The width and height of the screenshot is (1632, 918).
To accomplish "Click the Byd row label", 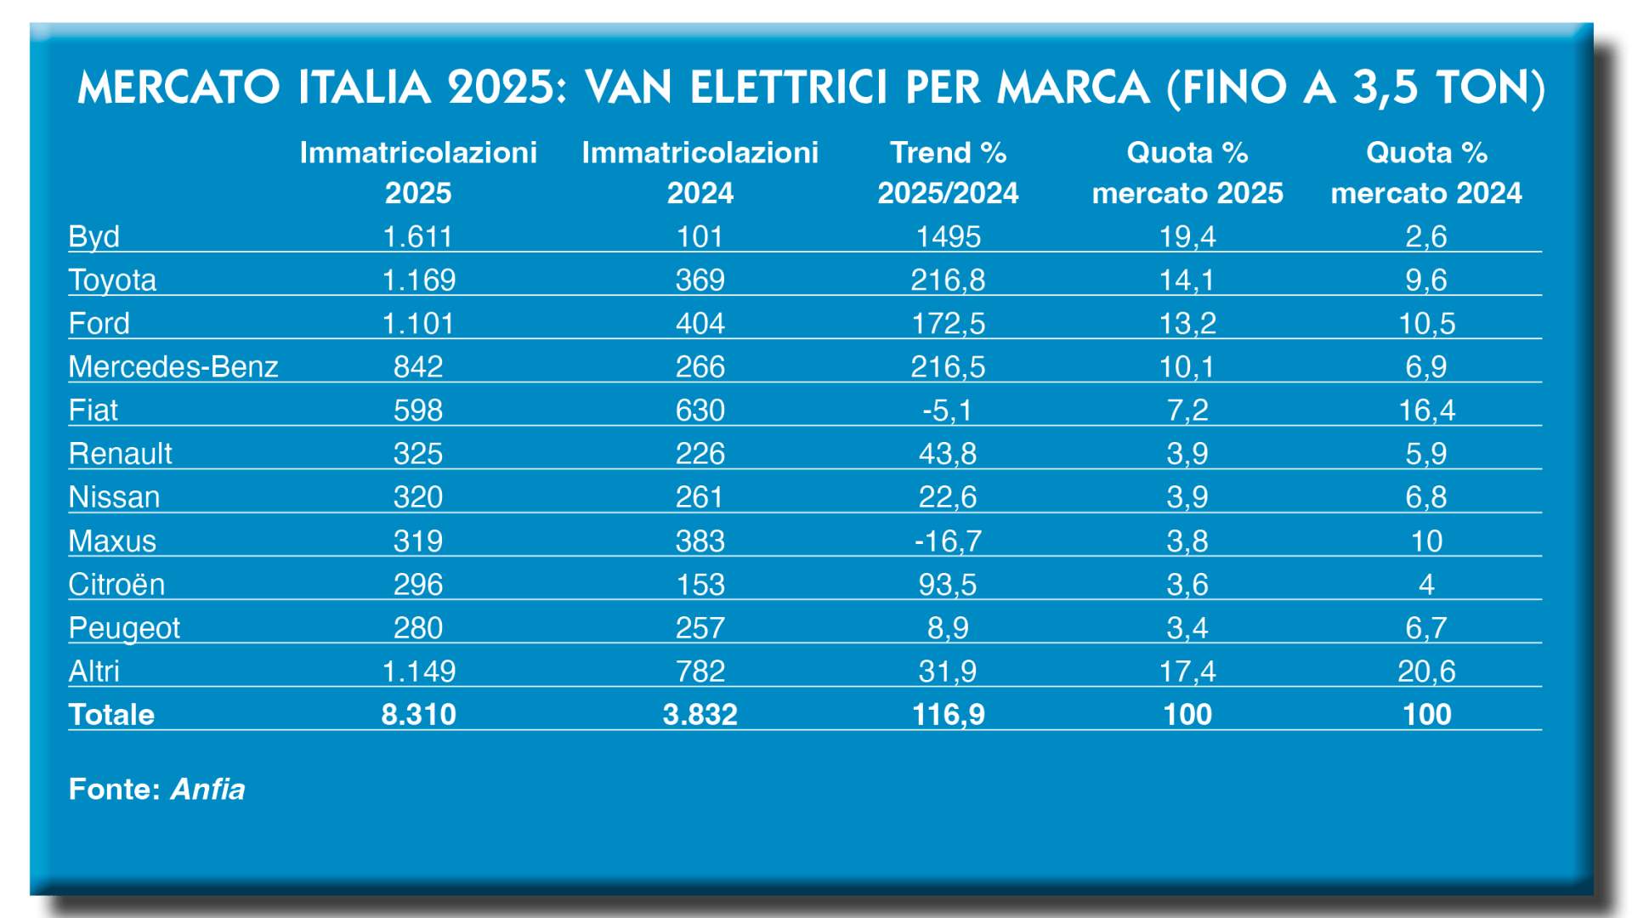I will [x=93, y=236].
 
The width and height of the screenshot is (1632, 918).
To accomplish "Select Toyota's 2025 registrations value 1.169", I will [x=418, y=280].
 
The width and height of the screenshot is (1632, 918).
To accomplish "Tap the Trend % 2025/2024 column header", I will [x=948, y=173].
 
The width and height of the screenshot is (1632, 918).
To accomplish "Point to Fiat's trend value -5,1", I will [x=948, y=411].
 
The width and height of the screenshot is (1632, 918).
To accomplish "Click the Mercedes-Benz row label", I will [x=173, y=366].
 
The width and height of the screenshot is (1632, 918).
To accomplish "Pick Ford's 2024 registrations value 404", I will [x=700, y=323].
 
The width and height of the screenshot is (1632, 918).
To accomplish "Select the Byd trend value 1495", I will [x=948, y=236].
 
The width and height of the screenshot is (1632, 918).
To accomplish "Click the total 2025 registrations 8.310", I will [x=418, y=714].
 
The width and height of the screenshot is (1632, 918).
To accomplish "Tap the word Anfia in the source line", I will [x=207, y=789].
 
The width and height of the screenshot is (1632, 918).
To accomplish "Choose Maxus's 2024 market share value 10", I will [x=1426, y=541].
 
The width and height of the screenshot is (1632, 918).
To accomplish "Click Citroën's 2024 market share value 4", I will [x=1426, y=584].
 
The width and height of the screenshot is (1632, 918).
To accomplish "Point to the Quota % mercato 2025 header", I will [x=1187, y=173].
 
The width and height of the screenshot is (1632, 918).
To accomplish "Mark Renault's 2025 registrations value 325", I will [x=418, y=454].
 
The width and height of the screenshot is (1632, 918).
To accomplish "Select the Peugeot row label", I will [x=124, y=628].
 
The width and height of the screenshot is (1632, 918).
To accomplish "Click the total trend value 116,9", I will [x=948, y=714].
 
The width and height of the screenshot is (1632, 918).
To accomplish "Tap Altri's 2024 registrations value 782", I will [x=700, y=671].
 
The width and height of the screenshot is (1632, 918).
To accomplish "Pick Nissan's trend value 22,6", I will [x=948, y=497].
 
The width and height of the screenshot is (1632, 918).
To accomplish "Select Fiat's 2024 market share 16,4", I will [x=1426, y=411].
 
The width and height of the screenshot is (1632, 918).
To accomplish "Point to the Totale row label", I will [x=111, y=714].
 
